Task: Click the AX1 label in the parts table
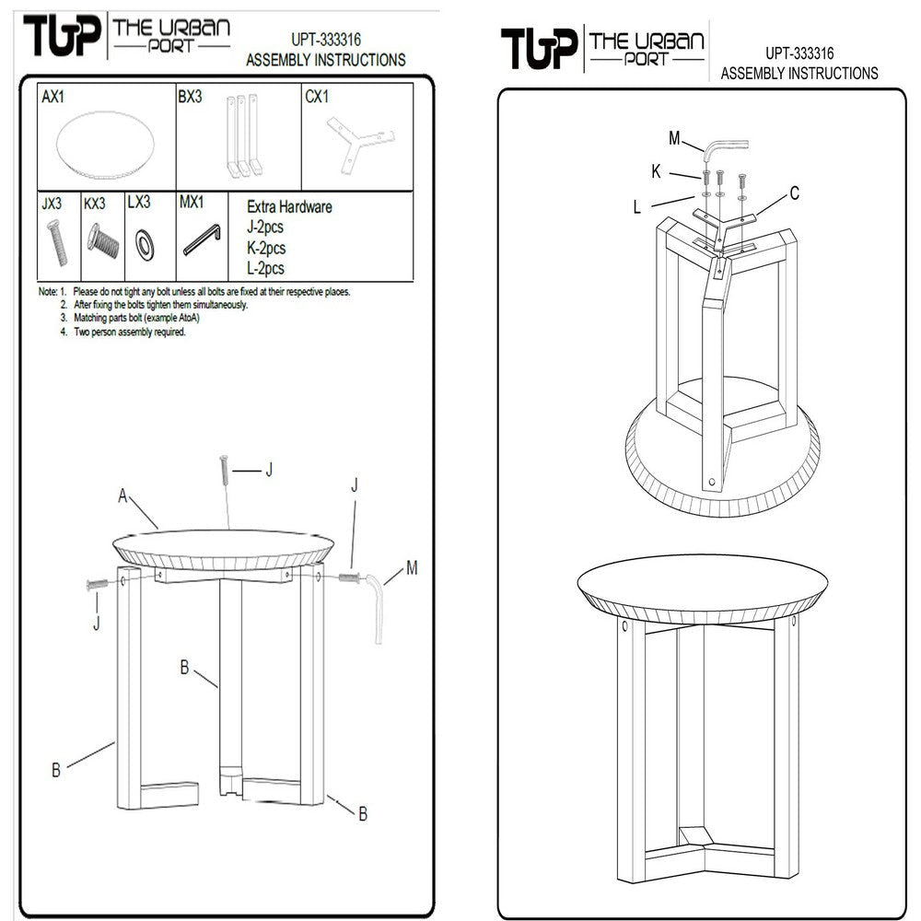52,97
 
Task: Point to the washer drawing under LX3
144,244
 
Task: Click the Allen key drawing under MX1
202,239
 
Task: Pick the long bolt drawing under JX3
56,242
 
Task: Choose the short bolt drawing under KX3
103,239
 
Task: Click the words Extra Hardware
289,206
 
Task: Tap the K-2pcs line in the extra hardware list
266,248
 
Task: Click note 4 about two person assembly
122,332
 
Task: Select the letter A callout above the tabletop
122,496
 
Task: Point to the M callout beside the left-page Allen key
412,568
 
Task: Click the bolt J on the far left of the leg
97,584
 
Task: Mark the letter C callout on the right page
794,193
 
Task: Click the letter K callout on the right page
656,171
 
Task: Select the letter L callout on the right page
636,207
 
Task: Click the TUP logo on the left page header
63,35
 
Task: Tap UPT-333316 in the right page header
799,53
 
